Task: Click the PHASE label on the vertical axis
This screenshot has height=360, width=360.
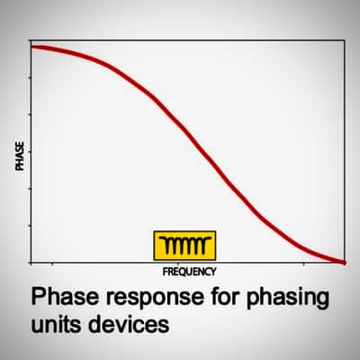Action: point(20,157)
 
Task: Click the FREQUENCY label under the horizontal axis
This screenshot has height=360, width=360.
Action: point(189,272)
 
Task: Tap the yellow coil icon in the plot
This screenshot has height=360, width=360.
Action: point(184,246)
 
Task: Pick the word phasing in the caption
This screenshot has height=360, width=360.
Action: point(288,298)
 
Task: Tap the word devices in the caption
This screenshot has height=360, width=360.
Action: point(129,323)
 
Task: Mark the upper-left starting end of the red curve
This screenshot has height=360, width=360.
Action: point(31,47)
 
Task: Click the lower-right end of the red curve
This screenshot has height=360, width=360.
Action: point(344,262)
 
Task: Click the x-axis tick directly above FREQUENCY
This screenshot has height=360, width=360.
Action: point(178,264)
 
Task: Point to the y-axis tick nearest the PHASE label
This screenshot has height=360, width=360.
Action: point(30,152)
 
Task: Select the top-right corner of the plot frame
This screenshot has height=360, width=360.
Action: point(345,40)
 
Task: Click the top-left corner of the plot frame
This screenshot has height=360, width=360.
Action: point(31,40)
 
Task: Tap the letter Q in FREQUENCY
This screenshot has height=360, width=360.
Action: point(184,272)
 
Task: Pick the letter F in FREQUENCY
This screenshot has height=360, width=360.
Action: point(166,272)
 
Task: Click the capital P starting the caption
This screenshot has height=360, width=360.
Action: point(38,296)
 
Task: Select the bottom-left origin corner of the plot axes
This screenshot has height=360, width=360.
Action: point(31,263)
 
